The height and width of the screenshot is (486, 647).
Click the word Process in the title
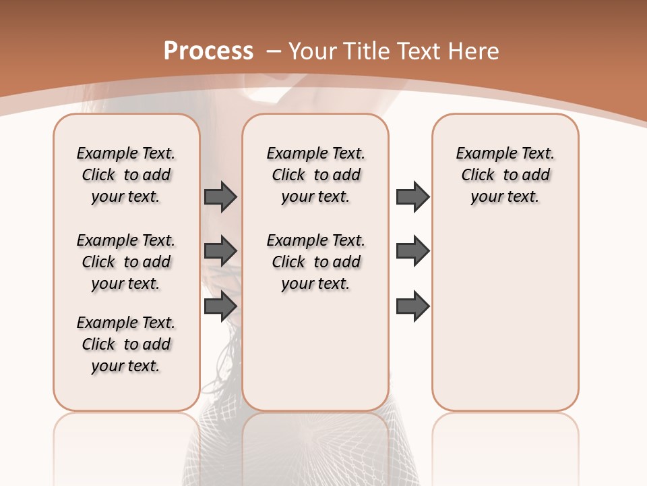[208, 51]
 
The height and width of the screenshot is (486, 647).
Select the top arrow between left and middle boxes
[220, 196]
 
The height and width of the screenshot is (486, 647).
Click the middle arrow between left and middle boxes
[220, 250]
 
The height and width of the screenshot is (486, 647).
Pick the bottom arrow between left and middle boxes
[220, 306]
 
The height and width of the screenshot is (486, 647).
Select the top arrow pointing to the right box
[412, 196]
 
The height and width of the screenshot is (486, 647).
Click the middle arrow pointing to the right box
[412, 250]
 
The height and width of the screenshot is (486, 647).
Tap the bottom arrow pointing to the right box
[412, 306]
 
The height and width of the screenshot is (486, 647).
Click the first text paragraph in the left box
[126, 175]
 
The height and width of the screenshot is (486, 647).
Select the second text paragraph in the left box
[126, 262]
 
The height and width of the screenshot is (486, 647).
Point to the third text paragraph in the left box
[126, 344]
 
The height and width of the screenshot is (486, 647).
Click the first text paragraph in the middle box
[315, 175]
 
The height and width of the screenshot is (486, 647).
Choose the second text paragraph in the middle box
[315, 262]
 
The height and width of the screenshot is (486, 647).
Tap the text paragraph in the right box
[505, 175]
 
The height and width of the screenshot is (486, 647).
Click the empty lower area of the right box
[505, 317]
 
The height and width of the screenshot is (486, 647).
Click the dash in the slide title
[274, 51]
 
